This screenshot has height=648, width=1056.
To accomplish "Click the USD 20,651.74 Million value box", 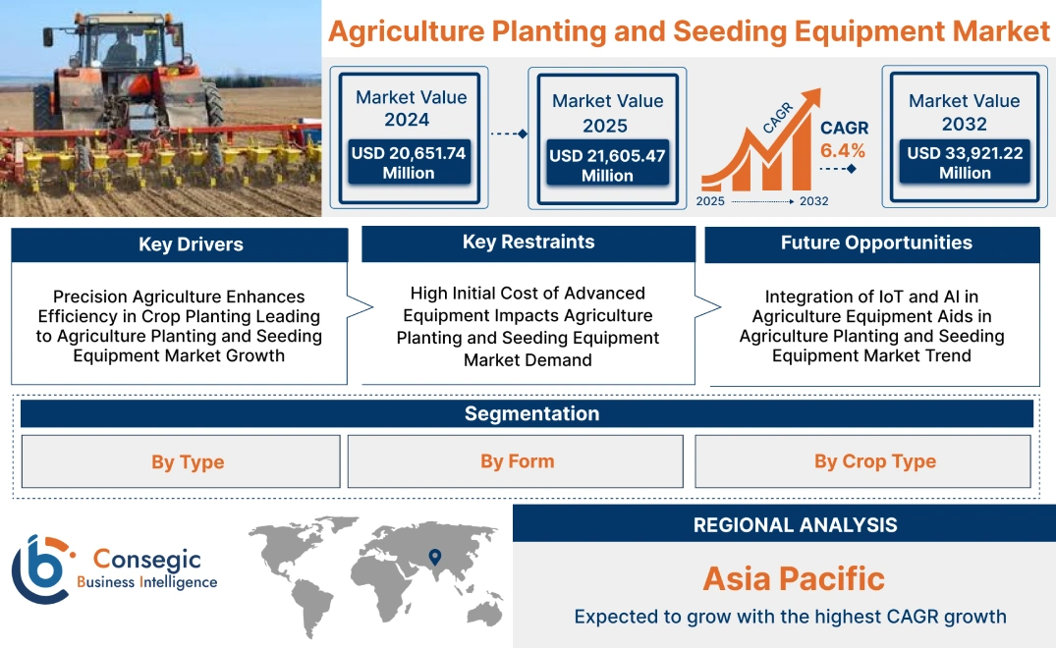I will pos(408,163).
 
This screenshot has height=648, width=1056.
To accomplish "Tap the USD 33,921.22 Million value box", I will pos(965,163).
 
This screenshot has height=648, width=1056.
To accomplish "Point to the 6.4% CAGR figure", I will pos(843,150).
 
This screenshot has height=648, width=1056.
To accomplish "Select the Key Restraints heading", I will pos(528,243).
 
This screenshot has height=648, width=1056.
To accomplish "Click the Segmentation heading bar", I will pos(531,413).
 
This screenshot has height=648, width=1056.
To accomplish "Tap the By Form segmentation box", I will pos(517,460).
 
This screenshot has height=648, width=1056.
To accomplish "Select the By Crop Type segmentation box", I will pos(874,460).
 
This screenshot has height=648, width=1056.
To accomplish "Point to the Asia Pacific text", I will pos(794,578).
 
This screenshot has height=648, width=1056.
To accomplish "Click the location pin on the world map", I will pos(433,559).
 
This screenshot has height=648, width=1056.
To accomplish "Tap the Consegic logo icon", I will pos(41,569).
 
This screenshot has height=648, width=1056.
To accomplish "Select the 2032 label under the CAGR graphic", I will pos(813,201).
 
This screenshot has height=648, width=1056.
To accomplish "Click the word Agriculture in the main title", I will pos(413,31).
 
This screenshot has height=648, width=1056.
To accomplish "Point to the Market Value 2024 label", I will pos(411,108).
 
